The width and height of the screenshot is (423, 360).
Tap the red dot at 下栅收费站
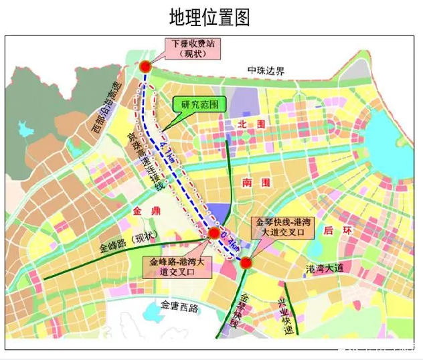point(145,66)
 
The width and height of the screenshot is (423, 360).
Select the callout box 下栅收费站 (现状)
point(194,48)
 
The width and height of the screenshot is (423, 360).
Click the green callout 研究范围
point(199,106)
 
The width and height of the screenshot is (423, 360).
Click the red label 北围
point(252,124)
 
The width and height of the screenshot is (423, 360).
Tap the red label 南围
point(256,182)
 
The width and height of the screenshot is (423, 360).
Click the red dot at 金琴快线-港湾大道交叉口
point(246,262)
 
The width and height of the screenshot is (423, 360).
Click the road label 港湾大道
point(324,268)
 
